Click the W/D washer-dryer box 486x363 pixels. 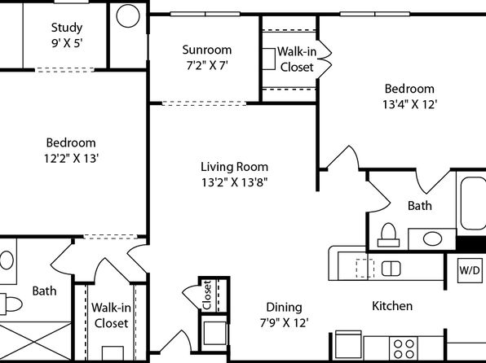470,270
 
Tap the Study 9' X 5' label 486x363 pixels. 67,35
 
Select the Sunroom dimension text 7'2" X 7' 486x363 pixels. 207,66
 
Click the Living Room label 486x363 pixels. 234,167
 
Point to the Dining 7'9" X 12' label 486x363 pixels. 284,315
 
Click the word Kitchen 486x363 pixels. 392,306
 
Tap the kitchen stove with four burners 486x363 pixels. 404,349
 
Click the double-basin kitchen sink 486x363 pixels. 391,269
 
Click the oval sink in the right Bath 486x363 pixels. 432,239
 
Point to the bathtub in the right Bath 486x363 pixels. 472,203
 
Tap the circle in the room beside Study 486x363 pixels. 128,15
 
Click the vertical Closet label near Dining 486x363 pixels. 207,295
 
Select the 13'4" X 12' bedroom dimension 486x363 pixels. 409,105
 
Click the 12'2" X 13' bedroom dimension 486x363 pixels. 71,159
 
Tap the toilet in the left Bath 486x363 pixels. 11,304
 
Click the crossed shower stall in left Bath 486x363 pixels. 35,342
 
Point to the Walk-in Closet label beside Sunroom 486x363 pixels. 297,59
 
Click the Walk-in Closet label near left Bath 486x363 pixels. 111,315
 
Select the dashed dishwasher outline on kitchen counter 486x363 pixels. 364,268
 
